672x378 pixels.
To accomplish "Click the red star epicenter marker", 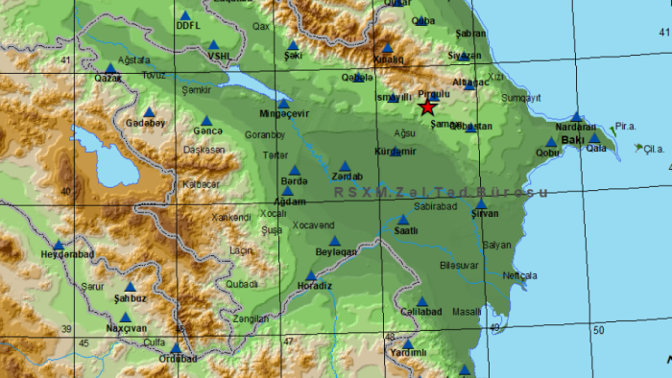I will [427, 107].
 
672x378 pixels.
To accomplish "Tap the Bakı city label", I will [573, 140].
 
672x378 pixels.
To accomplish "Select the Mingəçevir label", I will [284, 114].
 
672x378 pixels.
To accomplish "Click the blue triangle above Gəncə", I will [205, 120].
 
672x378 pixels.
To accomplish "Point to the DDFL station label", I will [188, 27].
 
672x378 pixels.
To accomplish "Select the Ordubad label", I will [177, 359].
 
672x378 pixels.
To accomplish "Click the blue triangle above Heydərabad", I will [59, 245].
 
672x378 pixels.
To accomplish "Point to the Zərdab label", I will [347, 177].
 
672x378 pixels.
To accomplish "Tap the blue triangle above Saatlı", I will [403, 220].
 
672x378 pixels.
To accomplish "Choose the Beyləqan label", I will [335, 251].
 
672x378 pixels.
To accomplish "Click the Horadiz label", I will [313, 286].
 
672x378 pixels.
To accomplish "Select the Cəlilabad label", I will [421, 312].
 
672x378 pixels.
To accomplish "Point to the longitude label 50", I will [598, 331].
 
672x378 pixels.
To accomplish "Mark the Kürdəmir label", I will [395, 151].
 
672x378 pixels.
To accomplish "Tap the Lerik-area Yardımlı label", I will [408, 353].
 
